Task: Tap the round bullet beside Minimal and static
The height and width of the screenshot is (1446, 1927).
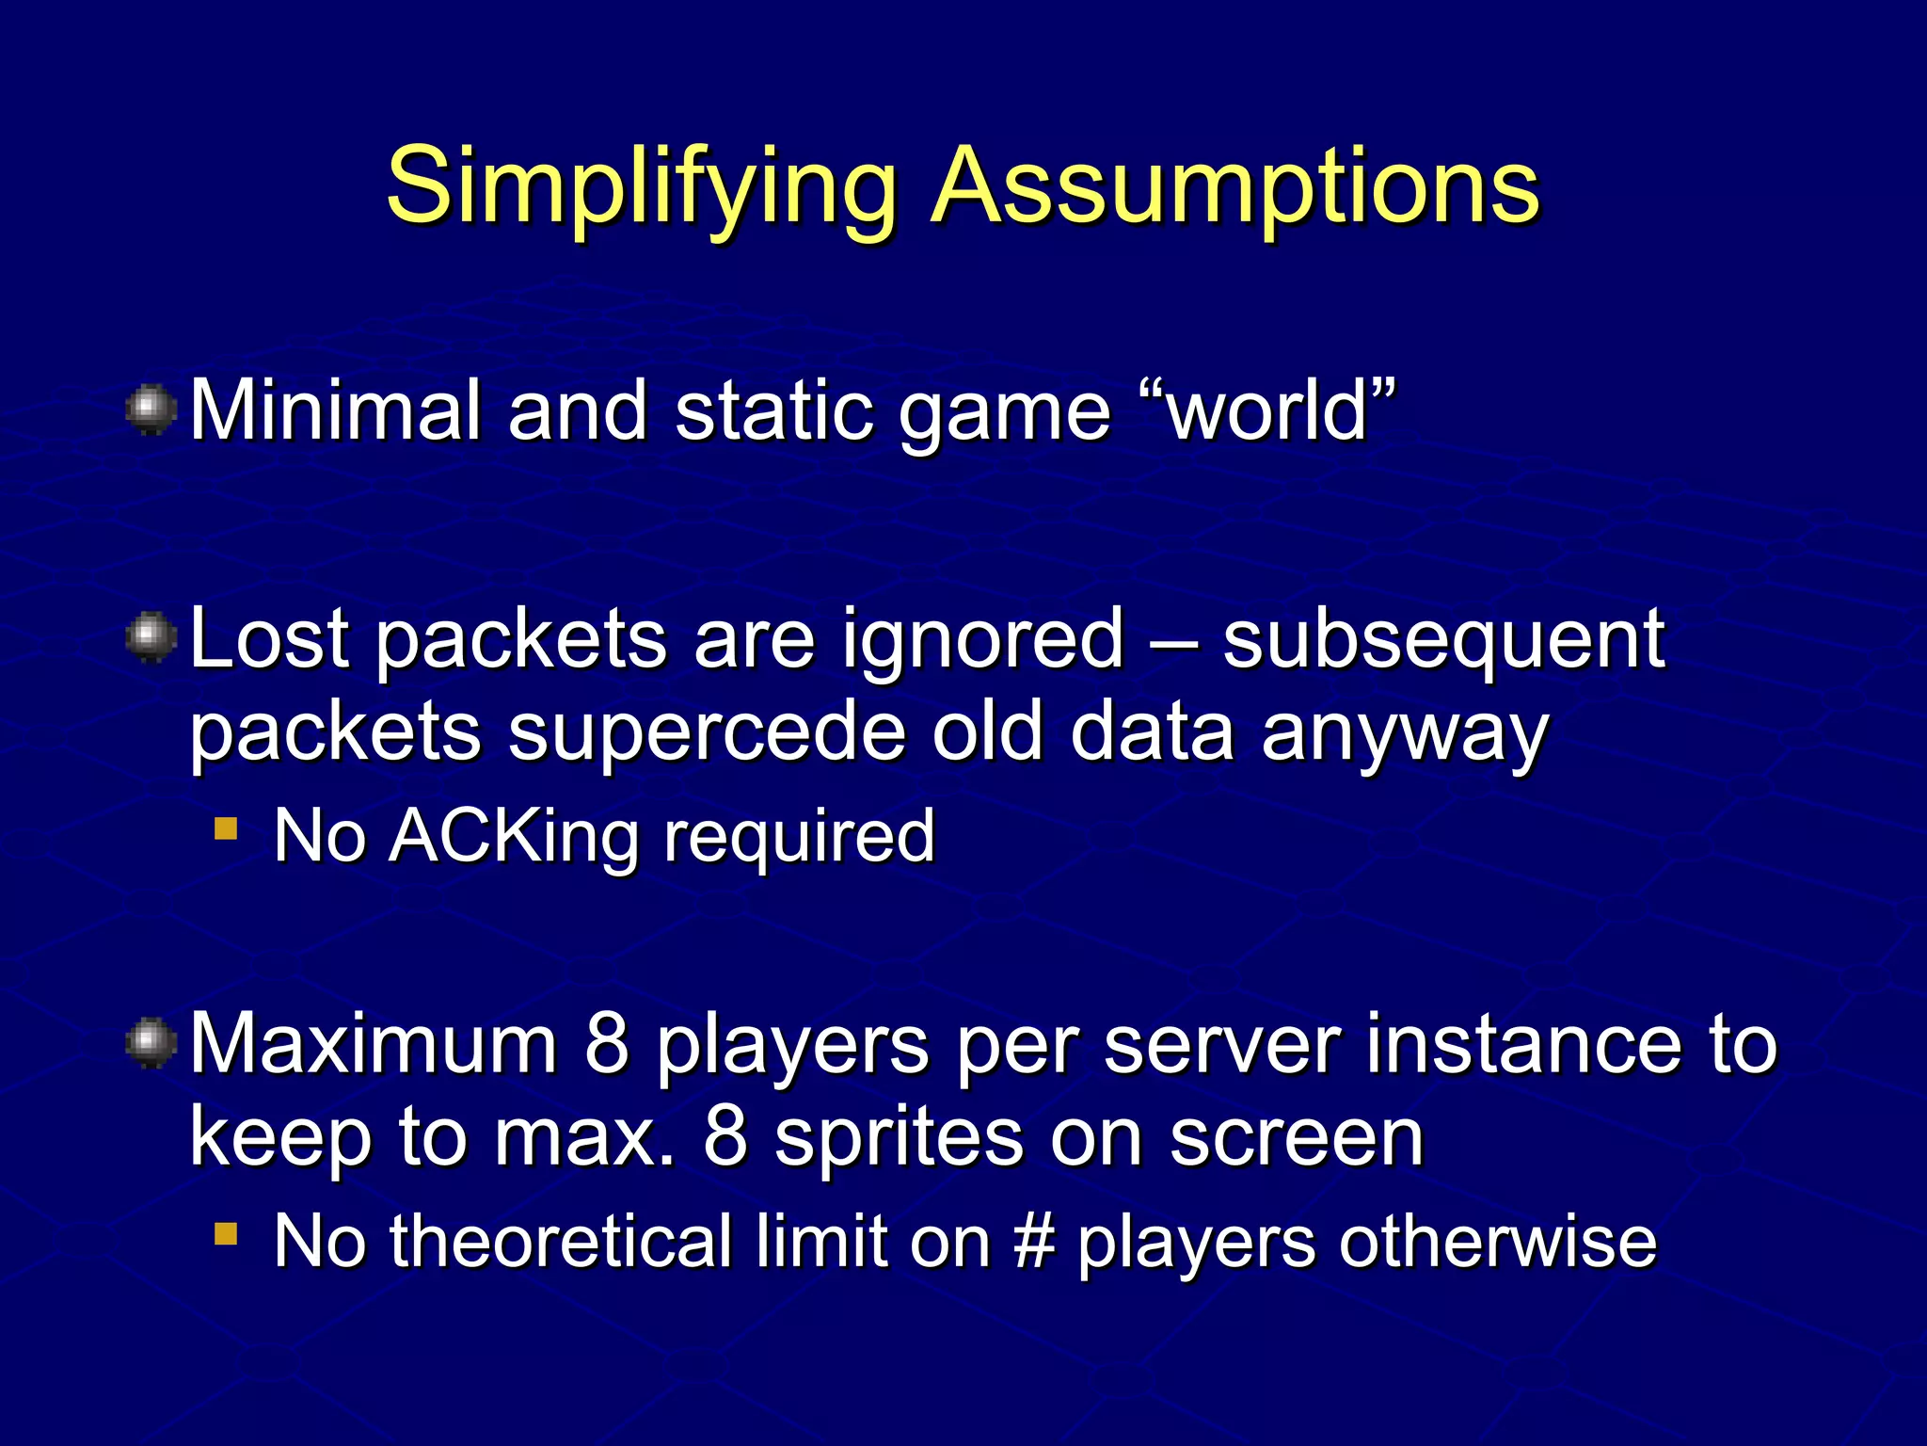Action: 151,410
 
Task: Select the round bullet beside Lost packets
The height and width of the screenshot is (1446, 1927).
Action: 151,638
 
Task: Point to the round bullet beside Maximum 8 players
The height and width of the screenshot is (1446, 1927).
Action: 151,1044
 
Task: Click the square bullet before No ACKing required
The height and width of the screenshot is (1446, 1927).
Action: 226,828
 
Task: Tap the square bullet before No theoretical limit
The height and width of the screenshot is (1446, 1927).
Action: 226,1233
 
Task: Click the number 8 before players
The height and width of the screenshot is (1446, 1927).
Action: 607,1044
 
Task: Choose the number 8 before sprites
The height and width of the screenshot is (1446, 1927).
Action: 725,1137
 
